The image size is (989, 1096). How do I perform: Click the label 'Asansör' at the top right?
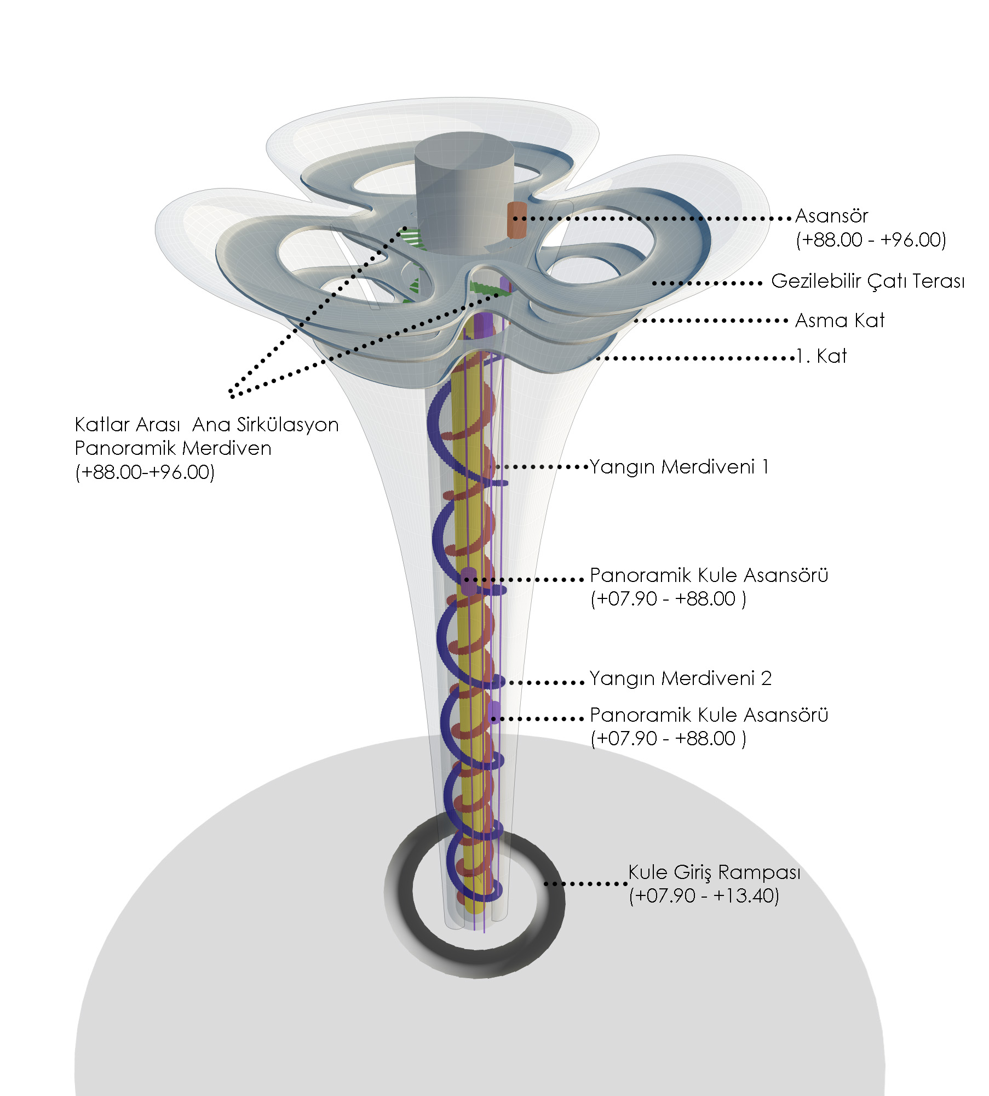click(831, 216)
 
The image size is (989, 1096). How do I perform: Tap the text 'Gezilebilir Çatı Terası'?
click(867, 282)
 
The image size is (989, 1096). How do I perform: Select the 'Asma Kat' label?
click(840, 321)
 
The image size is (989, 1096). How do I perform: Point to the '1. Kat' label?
click(821, 357)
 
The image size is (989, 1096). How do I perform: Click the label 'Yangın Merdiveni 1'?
click(679, 467)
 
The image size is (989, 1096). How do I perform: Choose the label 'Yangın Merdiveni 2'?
click(681, 679)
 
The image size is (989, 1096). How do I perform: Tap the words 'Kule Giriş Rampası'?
click(714, 872)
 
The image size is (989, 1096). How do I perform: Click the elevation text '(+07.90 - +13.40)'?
click(704, 896)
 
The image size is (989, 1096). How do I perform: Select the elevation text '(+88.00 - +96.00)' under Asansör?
click(871, 240)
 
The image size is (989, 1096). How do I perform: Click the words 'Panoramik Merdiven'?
click(173, 448)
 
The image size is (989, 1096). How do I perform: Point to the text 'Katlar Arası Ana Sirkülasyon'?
click(206, 425)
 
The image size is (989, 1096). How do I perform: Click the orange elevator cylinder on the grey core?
click(516, 220)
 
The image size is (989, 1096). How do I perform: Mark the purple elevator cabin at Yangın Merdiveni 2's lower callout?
click(495, 712)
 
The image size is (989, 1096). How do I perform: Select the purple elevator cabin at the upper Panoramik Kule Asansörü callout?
click(469, 580)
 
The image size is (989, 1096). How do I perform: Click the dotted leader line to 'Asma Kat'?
click(712, 321)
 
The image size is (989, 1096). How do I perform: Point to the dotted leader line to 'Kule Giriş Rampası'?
click(586, 883)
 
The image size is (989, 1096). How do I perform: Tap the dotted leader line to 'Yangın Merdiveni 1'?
click(542, 467)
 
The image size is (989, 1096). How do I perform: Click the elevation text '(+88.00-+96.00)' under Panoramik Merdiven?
click(145, 472)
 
